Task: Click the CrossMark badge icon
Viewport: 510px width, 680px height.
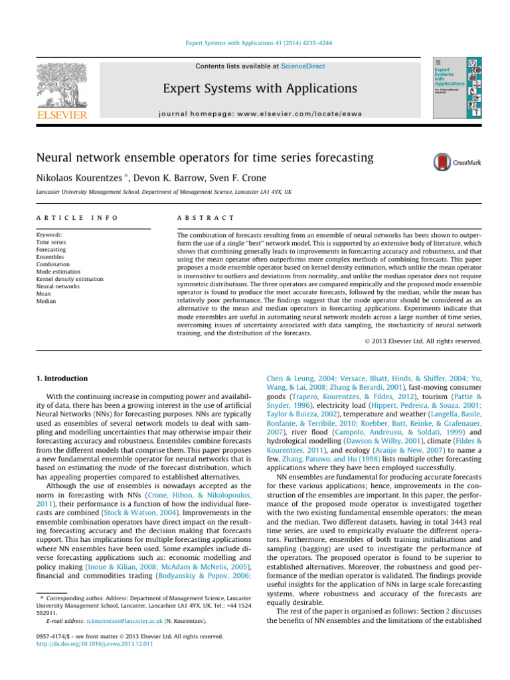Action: coord(441,163)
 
